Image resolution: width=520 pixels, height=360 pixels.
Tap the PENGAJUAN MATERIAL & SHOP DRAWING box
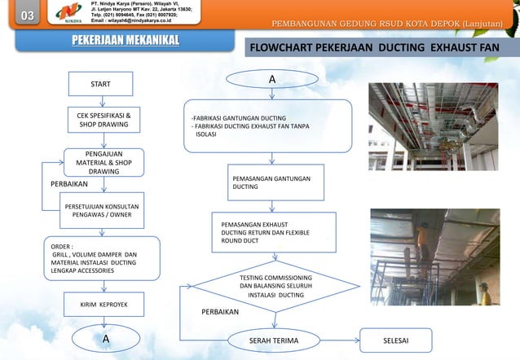(104, 162)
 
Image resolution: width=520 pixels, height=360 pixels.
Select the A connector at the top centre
(271, 80)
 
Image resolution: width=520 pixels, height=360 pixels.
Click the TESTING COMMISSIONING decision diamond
(275, 287)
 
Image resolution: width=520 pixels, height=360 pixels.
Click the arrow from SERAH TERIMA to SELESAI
(341, 339)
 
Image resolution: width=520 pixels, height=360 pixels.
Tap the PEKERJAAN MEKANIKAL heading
(125, 41)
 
